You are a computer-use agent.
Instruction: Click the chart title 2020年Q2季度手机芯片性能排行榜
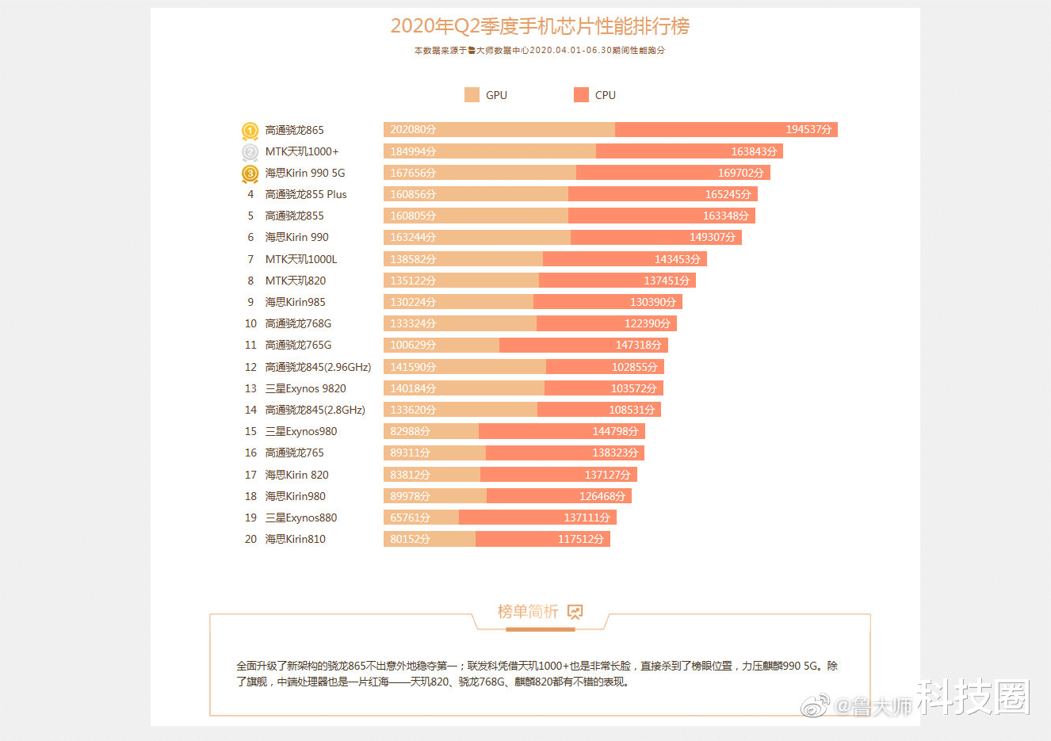pyautogui.click(x=540, y=26)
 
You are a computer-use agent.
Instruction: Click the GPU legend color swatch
pyautogui.click(x=472, y=95)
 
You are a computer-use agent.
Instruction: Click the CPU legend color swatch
pyautogui.click(x=581, y=95)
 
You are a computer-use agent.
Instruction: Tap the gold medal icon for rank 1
pyautogui.click(x=250, y=131)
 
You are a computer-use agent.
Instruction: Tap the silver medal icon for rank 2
pyautogui.click(x=250, y=152)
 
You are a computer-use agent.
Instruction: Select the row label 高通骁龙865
pyautogui.click(x=294, y=130)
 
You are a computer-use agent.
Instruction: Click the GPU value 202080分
pyautogui.click(x=413, y=129)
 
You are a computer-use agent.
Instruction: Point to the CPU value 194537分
pyautogui.click(x=808, y=129)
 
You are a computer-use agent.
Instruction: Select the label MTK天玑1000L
pyautogui.click(x=301, y=259)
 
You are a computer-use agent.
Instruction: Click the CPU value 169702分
pyautogui.click(x=741, y=173)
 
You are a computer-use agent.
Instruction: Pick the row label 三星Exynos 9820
pyautogui.click(x=305, y=388)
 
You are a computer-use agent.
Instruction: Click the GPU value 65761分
pyautogui.click(x=410, y=518)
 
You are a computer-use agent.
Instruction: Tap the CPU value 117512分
pyautogui.click(x=581, y=539)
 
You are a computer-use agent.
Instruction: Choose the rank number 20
pyautogui.click(x=250, y=539)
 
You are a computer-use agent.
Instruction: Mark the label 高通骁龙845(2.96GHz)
pyautogui.click(x=318, y=367)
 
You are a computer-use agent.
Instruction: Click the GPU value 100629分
pyautogui.click(x=413, y=345)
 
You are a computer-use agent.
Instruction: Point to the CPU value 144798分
pyautogui.click(x=615, y=431)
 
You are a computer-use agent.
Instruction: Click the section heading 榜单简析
pyautogui.click(x=528, y=612)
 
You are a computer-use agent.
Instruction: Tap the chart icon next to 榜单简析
pyautogui.click(x=575, y=612)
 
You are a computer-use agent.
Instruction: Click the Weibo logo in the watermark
pyautogui.click(x=816, y=705)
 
